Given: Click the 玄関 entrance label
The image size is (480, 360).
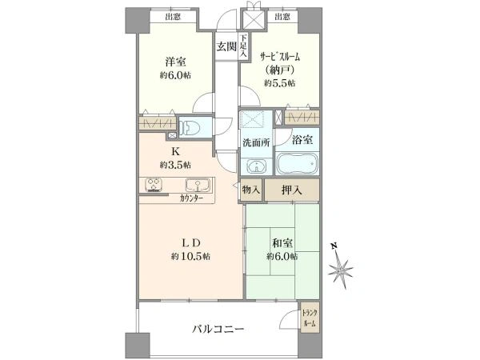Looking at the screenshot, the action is (x=226, y=46).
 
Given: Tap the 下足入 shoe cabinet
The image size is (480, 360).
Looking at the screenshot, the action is (x=244, y=46).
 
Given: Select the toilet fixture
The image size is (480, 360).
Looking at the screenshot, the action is (x=190, y=126).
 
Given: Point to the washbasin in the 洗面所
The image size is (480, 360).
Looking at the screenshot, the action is (x=256, y=167).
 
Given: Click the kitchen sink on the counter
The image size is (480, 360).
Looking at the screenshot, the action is (x=198, y=185).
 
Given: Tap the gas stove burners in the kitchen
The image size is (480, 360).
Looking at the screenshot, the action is (x=154, y=185).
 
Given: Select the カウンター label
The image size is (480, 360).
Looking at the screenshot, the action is (x=191, y=198).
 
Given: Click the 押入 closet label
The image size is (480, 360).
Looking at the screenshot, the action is (x=292, y=190).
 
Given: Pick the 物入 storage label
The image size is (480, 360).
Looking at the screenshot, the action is (x=251, y=190).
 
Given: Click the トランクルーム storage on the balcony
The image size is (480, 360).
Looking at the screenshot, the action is (x=310, y=318).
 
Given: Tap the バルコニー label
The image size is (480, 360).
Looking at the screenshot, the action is (x=218, y=330).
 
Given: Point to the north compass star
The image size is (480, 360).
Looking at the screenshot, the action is (x=341, y=270).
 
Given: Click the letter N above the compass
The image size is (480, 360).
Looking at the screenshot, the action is (x=334, y=246).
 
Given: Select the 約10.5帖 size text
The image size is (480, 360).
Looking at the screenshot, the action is (x=190, y=256).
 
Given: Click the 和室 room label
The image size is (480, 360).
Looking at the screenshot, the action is (x=282, y=243).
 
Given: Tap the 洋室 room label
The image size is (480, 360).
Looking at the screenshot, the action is (x=175, y=62).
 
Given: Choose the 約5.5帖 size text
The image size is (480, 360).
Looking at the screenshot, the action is (x=280, y=83).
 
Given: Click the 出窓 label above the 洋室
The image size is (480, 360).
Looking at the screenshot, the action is (x=173, y=17).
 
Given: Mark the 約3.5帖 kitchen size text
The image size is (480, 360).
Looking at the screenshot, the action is (x=175, y=166).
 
